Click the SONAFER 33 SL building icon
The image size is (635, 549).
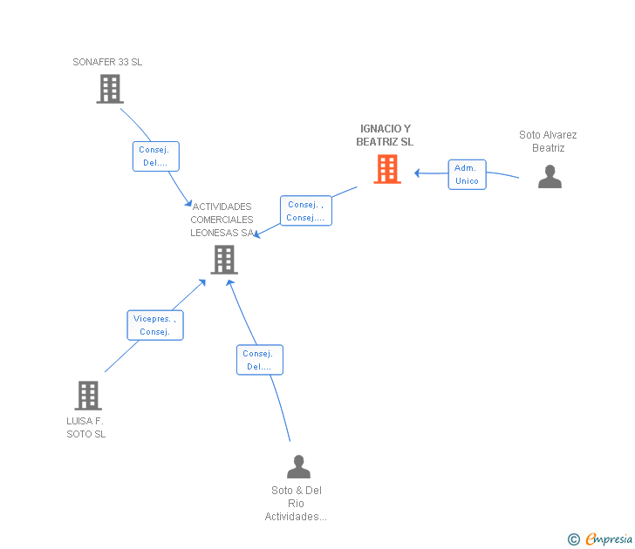(110, 89)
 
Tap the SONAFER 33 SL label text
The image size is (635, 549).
(107, 62)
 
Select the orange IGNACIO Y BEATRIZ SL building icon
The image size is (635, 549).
(387, 169)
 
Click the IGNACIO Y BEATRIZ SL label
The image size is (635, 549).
(385, 135)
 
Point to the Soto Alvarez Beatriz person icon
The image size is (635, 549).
(550, 177)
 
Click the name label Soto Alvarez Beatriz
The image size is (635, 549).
(548, 141)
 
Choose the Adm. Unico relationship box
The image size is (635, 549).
(467, 174)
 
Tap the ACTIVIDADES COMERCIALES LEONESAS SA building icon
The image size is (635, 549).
(224, 259)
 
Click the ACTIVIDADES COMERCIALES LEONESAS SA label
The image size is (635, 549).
(222, 220)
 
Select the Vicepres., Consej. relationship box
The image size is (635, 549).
(154, 325)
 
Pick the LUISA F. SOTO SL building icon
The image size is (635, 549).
(87, 396)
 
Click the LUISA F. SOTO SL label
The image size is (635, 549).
(85, 428)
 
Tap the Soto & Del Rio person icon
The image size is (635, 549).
(298, 467)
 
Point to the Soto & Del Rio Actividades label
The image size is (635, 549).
(297, 504)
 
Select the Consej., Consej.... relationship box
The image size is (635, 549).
(305, 211)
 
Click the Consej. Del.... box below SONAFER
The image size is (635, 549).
(155, 157)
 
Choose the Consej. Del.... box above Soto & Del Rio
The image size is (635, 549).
(259, 360)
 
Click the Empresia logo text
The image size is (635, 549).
(610, 539)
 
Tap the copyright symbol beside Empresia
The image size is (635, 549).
(573, 539)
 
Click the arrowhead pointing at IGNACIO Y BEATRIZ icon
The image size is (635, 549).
(419, 173)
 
